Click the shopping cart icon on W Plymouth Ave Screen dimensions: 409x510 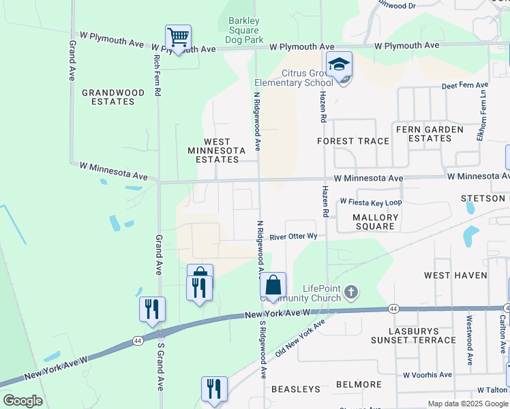pyautogui.click(x=178, y=38)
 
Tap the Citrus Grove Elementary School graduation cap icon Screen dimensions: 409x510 pyautogui.click(x=339, y=65)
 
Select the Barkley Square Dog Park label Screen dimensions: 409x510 pyautogui.click(x=243, y=30)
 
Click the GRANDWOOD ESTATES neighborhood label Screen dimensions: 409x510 pyautogui.click(x=113, y=97)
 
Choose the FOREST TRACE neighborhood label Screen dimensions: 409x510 pyautogui.click(x=353, y=141)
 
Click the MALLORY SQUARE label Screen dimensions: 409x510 pyautogui.click(x=375, y=222)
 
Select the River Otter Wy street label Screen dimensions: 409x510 pyautogui.click(x=294, y=237)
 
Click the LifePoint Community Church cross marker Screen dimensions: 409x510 pyautogui.click(x=351, y=292)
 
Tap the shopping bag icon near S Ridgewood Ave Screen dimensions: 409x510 pyautogui.click(x=273, y=286)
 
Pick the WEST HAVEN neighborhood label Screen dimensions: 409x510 pyautogui.click(x=455, y=275)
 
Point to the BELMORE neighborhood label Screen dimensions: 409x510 pyautogui.click(x=358, y=384)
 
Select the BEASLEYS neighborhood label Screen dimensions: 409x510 pyautogui.click(x=296, y=389)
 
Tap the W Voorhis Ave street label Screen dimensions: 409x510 pyautogui.click(x=427, y=375)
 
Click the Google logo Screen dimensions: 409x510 pyautogui.click(x=22, y=401)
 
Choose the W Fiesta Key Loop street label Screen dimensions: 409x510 pyautogui.click(x=371, y=202)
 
